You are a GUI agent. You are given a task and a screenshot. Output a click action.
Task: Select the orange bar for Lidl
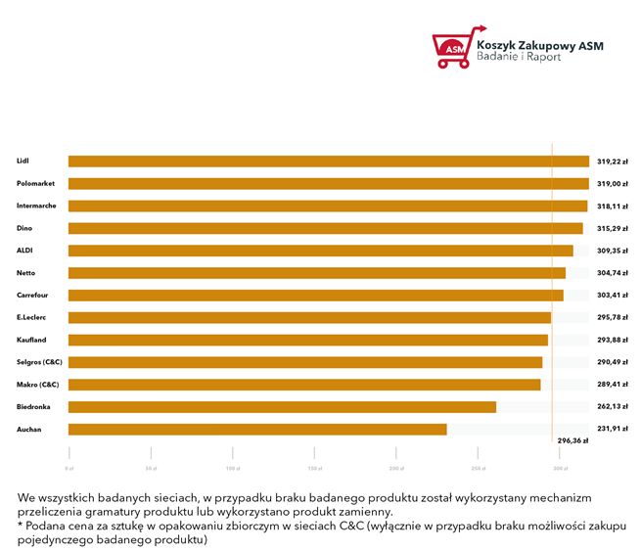coord(328,161)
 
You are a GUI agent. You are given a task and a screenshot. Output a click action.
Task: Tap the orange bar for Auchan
coord(257,429)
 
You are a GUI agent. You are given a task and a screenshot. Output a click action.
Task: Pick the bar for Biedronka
coord(282,406)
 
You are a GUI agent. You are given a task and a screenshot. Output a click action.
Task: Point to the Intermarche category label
coord(35,206)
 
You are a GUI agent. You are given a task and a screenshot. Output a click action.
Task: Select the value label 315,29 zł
coord(613,228)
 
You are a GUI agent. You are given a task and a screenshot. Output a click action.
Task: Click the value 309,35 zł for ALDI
coord(613,251)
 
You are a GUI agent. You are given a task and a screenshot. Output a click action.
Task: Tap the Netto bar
coord(316,273)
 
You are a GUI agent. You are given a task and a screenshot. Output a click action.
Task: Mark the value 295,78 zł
coord(613,317)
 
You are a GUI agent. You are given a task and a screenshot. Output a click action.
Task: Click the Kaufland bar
coord(307,340)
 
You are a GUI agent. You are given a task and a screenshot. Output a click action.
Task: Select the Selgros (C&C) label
coord(39,362)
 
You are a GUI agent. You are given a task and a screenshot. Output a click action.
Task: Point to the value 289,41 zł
coord(613,384)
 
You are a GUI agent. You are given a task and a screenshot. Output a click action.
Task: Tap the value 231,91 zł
coord(613,429)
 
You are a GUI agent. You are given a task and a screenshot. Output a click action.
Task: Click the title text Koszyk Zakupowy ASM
coord(539,44)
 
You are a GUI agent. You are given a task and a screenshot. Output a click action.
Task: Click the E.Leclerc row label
coord(31,317)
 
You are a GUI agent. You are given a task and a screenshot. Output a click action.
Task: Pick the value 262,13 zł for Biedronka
coord(613,406)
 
